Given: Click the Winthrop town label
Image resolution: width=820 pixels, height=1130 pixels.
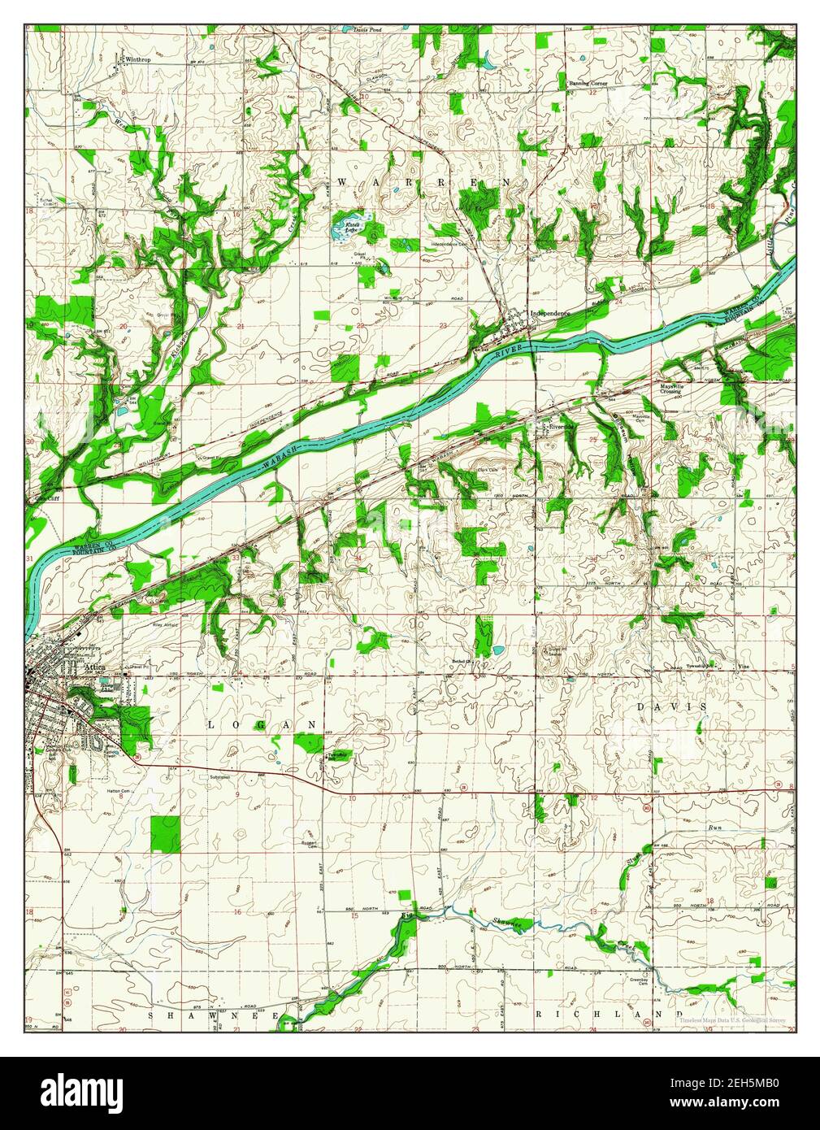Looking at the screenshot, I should click(139, 60).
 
